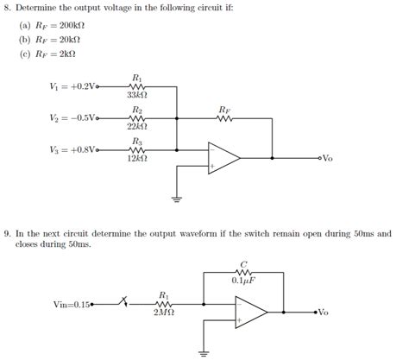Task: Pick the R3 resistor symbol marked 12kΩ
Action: click(x=135, y=148)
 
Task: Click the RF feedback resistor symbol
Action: click(x=224, y=118)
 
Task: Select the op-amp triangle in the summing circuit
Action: click(x=223, y=158)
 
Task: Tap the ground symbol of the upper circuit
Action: click(x=177, y=198)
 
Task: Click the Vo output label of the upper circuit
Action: click(x=327, y=159)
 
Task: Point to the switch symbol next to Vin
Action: click(x=126, y=303)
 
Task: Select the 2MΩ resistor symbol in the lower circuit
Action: click(x=164, y=303)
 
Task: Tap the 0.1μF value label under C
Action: click(x=243, y=280)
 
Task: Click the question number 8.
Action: click(x=6, y=9)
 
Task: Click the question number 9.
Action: click(x=6, y=233)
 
